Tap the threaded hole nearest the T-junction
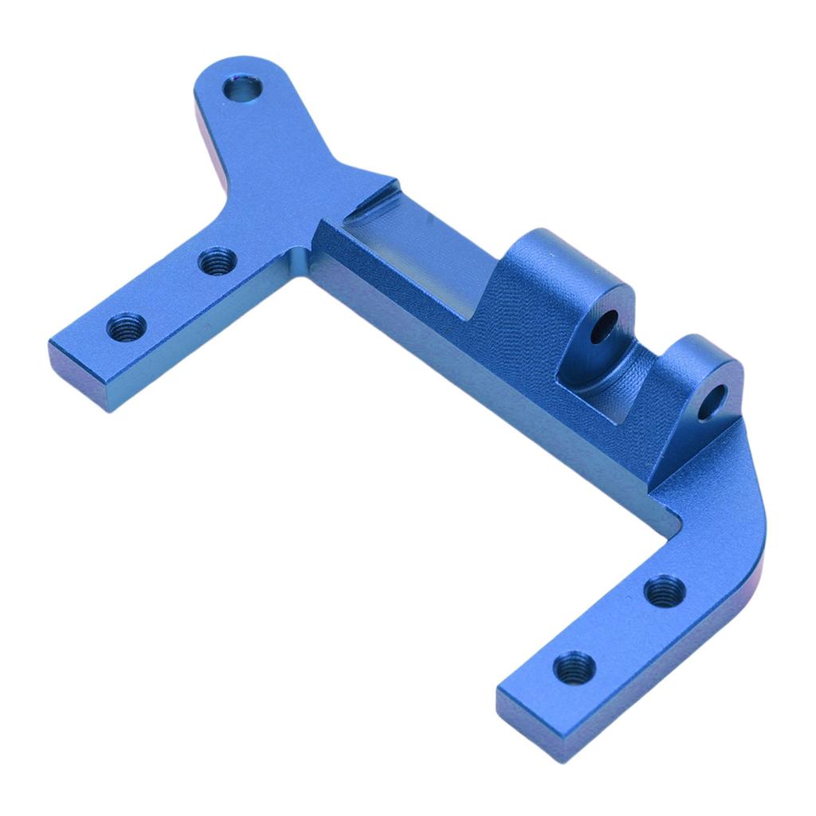pyautogui.click(x=217, y=261)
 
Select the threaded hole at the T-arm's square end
pyautogui.click(x=127, y=327)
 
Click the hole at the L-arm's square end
pyautogui.click(x=574, y=666)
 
